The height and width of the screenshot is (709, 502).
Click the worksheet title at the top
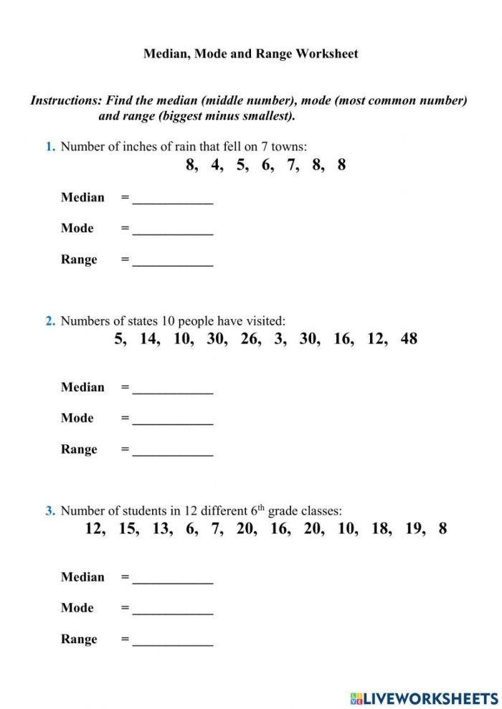pos(251,54)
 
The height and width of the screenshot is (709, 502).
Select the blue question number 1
pos(50,147)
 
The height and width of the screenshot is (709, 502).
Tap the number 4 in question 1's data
pos(216,165)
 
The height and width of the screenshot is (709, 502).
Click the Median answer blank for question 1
pos(173,199)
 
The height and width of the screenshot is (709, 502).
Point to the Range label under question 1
pos(79,260)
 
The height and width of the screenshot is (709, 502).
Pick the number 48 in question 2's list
pos(409,339)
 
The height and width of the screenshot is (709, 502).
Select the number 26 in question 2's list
pos(250,339)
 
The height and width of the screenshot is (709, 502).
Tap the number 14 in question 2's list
pos(149,339)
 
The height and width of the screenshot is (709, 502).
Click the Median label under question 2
pos(82,387)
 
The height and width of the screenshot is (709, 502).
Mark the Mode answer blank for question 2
pos(173,419)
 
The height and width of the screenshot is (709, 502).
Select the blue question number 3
pos(50,511)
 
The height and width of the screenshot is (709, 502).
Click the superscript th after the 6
pos(262,508)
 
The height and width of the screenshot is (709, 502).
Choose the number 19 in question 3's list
pos(415,529)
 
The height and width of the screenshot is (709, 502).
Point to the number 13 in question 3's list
pos(161,529)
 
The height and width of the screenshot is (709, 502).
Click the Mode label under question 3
pos(77,608)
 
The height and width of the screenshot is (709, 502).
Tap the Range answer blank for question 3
pos(173,641)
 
